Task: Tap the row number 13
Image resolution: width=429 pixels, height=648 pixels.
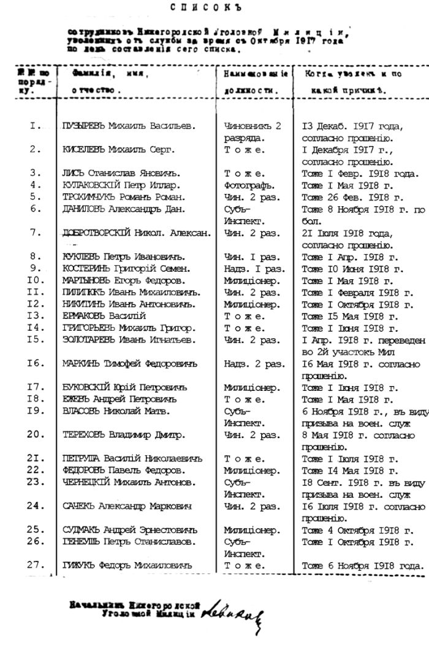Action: tap(36, 315)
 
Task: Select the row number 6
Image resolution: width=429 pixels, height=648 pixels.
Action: tap(36, 209)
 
